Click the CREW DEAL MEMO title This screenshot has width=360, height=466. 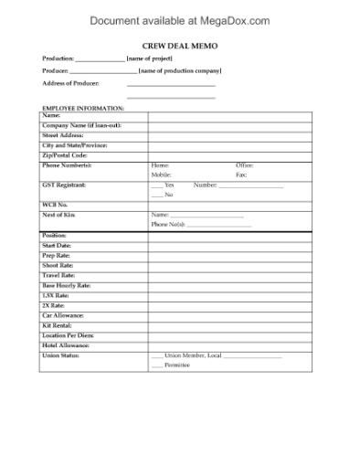181,44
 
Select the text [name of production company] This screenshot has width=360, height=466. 179,70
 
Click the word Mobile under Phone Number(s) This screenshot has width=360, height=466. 161,174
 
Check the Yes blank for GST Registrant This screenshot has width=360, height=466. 156,185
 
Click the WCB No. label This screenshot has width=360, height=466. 56,205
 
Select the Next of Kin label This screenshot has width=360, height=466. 58,214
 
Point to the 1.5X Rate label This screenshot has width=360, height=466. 56,295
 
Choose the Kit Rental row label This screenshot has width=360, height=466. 58,324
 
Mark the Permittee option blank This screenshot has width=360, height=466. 156,365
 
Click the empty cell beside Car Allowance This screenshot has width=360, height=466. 230,315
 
